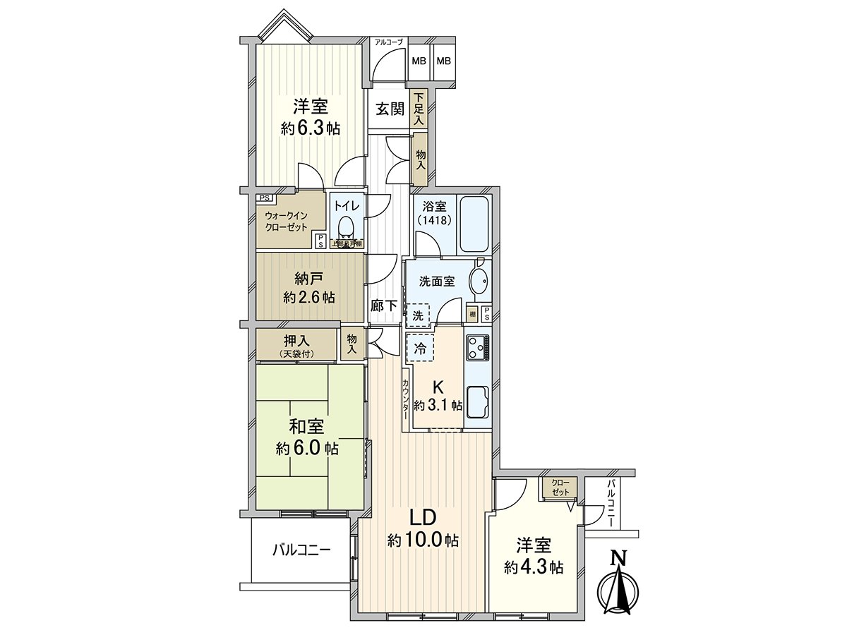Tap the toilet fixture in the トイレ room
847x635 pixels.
pyautogui.click(x=345, y=227)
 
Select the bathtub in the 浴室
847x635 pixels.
pyautogui.click(x=476, y=224)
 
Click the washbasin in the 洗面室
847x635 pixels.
pyautogui.click(x=479, y=281)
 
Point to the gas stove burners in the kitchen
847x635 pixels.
pyautogui.click(x=477, y=346)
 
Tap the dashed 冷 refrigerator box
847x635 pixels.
pyautogui.click(x=420, y=347)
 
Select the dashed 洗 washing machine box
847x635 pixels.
pyautogui.click(x=419, y=315)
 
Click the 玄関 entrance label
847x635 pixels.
pyautogui.click(x=389, y=109)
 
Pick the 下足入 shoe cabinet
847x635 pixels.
pyautogui.click(x=419, y=109)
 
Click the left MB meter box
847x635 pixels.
pyautogui.click(x=419, y=61)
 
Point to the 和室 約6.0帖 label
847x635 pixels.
pyautogui.click(x=307, y=437)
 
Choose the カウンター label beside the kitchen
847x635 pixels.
pyautogui.click(x=405, y=401)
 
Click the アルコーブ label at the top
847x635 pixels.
pyautogui.click(x=388, y=42)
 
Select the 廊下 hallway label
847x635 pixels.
pyautogui.click(x=383, y=307)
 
